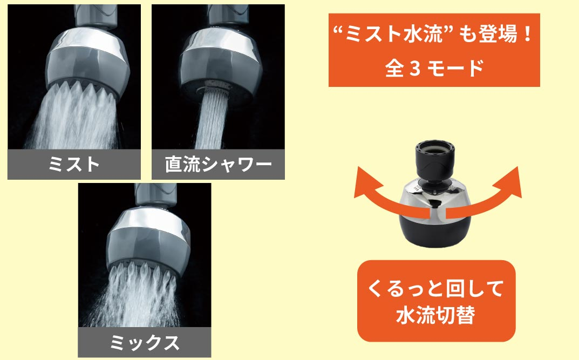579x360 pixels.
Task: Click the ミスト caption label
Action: (x=74, y=164)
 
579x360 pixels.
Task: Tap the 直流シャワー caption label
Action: (x=218, y=164)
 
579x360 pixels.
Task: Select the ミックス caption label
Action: (x=145, y=342)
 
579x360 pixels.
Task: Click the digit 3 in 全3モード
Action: (x=415, y=69)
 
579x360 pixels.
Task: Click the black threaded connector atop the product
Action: (x=434, y=160)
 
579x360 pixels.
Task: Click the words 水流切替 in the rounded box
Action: (x=435, y=316)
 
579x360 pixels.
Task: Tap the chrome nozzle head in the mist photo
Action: (x=87, y=61)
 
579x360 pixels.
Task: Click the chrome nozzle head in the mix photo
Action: (x=148, y=240)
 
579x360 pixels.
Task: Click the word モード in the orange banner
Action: (x=456, y=69)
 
